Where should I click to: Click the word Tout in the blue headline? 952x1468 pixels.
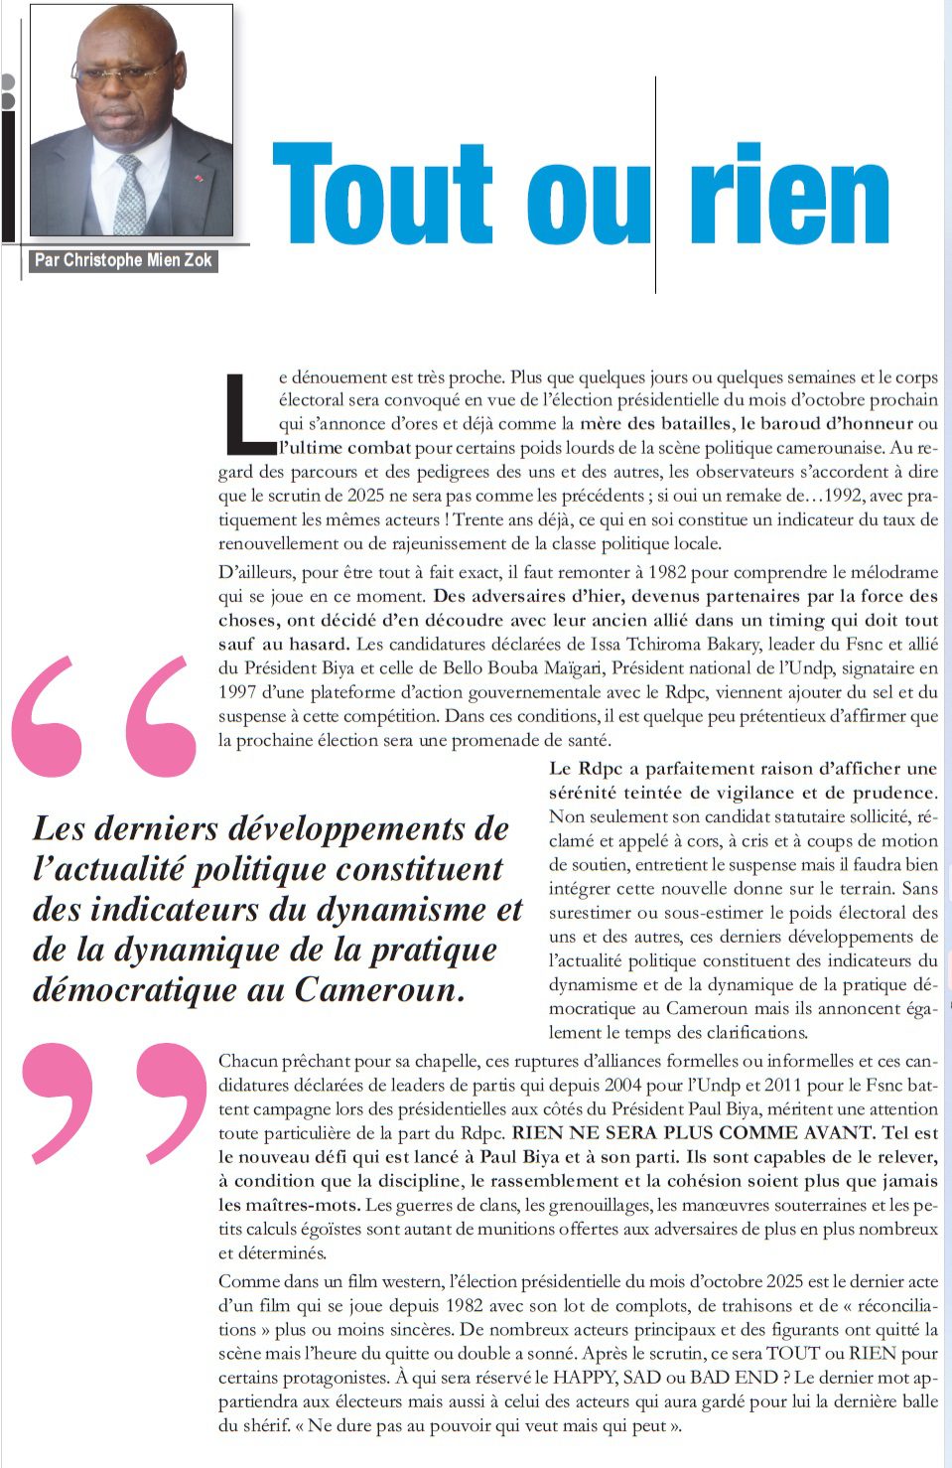[x=382, y=194]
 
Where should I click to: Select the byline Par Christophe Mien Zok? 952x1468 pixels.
[x=123, y=260]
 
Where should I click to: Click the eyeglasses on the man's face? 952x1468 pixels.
[x=119, y=75]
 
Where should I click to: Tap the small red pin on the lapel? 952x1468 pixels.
[x=199, y=179]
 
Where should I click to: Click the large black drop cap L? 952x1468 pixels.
[x=248, y=409]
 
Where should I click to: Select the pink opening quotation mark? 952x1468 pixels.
[x=104, y=715]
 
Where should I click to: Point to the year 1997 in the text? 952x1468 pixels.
[x=238, y=692]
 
